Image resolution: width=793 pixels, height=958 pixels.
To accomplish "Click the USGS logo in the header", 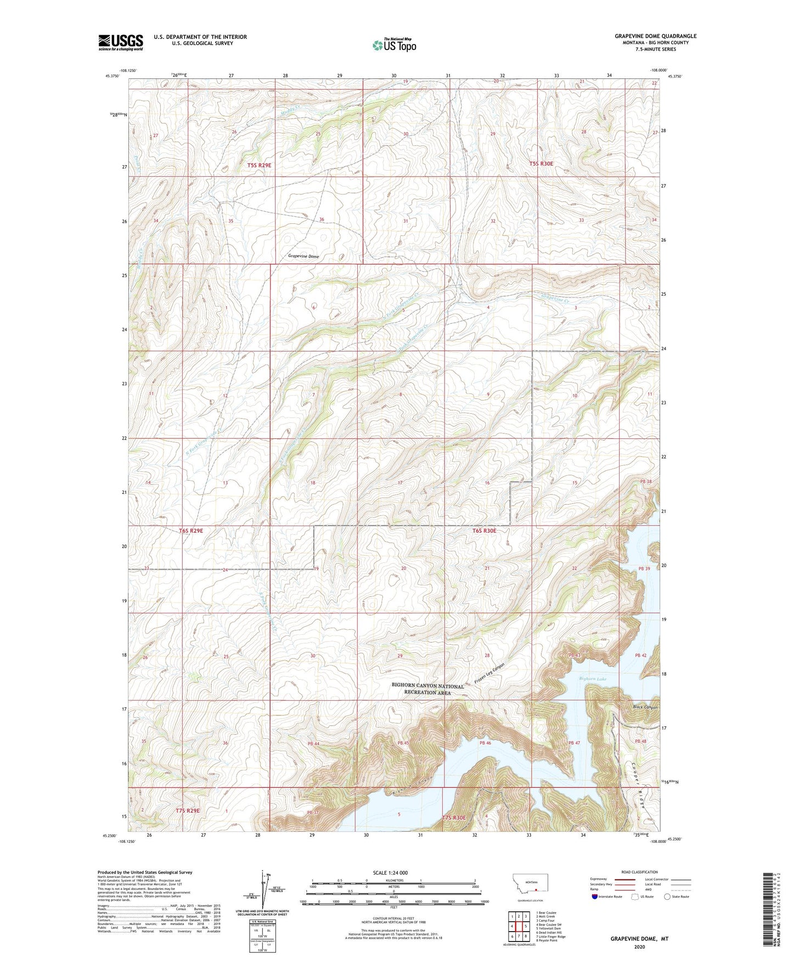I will pos(121,42).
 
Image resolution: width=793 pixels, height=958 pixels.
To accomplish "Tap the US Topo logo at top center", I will pos(394,45).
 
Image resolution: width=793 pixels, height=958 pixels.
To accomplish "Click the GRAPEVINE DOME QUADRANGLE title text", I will pos(655,36).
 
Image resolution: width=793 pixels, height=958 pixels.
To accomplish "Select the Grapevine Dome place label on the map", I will pos(303,256).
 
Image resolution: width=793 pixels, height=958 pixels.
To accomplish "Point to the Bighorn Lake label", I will pos(593,679).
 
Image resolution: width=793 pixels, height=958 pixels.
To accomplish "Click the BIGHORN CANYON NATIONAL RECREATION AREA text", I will pos(428,689).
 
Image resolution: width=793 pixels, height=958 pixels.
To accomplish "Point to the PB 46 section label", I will pos(485,743).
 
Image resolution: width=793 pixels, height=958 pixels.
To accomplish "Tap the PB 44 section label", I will pos(313,743).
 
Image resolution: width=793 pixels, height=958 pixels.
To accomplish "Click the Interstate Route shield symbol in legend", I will pos(595,897).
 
